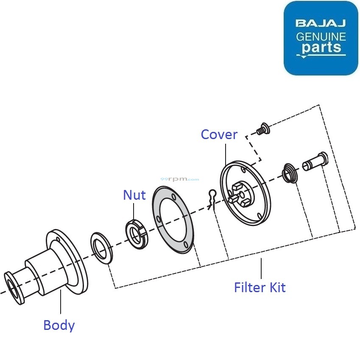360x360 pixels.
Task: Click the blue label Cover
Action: tap(219, 134)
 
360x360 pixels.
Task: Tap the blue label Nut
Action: tap(134, 195)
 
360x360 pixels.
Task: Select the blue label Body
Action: tap(59, 325)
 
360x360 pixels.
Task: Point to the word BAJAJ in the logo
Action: tap(321, 23)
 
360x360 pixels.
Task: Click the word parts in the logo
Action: tap(321, 47)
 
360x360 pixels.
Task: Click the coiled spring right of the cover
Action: tap(290, 174)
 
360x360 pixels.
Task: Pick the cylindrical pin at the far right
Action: tap(315, 162)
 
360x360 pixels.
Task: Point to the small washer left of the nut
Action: tap(101, 247)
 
